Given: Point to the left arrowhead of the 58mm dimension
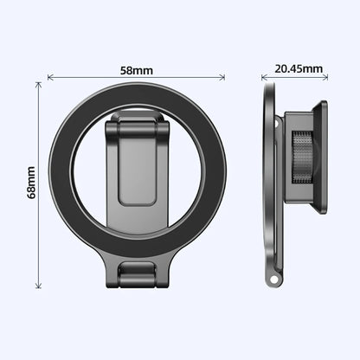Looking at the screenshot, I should [x=49, y=77].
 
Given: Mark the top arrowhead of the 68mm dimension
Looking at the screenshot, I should [x=38, y=85].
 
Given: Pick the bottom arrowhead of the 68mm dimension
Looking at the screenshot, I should [x=38, y=286].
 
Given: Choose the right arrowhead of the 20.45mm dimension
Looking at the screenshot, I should [x=327, y=78].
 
